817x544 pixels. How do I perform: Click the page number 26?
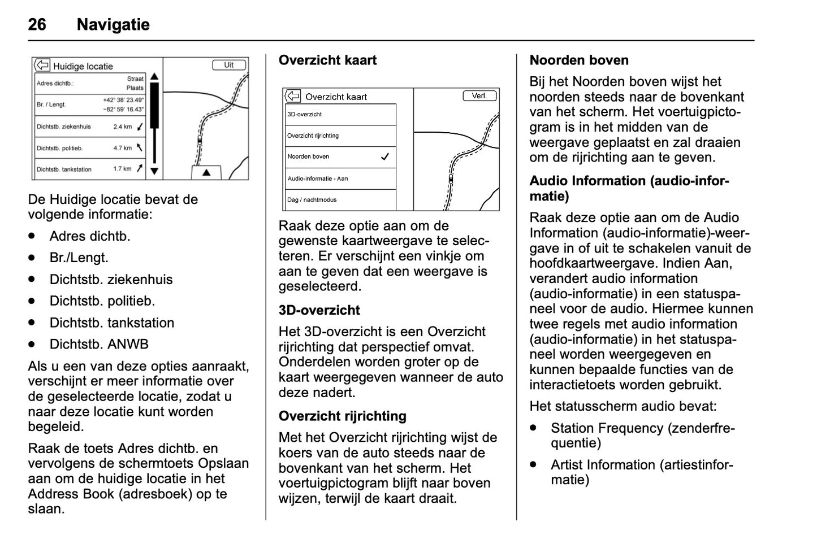(37, 24)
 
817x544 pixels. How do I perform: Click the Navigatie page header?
(113, 24)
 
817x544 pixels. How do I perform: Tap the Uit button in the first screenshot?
(229, 65)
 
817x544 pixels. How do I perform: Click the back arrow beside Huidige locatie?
(42, 66)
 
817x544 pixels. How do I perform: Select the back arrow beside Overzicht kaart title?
(293, 96)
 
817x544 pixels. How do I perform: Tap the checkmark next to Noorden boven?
(385, 157)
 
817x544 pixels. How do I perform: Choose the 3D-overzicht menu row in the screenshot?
(340, 114)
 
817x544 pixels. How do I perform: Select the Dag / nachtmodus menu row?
(340, 199)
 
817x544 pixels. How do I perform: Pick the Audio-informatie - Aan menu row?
(340, 179)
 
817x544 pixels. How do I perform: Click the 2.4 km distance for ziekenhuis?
(122, 127)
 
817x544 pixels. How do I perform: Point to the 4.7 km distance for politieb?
(122, 148)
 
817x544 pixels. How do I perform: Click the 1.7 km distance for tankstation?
(122, 169)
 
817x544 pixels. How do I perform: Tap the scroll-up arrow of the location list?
(154, 77)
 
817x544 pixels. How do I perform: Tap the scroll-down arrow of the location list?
(154, 171)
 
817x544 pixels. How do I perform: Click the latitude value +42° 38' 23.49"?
(123, 100)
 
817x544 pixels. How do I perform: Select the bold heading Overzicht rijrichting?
(342, 416)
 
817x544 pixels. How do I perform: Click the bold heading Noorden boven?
(579, 60)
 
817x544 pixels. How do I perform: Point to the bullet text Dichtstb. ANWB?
(99, 344)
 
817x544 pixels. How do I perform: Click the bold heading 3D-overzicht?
(319, 310)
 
